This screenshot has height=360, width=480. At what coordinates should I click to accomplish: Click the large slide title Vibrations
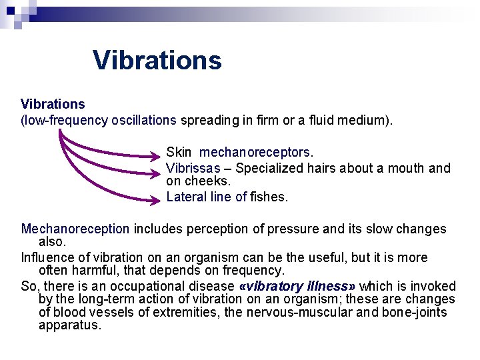click(x=157, y=60)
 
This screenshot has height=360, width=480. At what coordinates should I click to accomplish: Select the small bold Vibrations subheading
click(x=53, y=104)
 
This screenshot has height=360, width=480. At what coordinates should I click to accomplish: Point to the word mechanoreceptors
click(x=256, y=153)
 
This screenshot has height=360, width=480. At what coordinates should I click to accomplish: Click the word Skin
click(x=179, y=153)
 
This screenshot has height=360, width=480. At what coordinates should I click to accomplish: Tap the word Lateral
click(x=187, y=197)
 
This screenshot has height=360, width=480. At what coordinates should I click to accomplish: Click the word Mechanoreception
click(x=75, y=229)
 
